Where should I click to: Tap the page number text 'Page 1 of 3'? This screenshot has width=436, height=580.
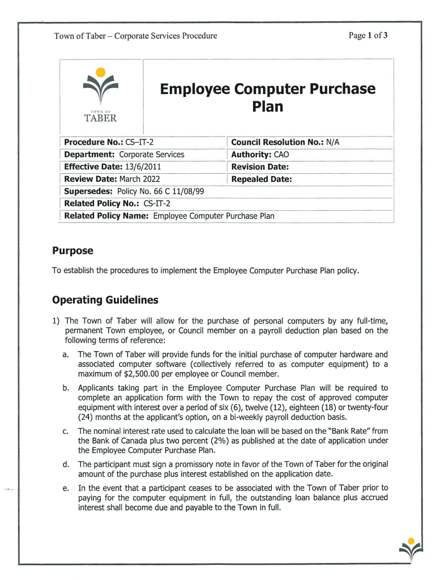[368, 36]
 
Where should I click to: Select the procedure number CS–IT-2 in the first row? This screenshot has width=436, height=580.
[139, 142]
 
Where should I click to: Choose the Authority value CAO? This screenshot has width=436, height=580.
[281, 154]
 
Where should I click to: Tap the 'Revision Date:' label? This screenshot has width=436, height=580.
[259, 167]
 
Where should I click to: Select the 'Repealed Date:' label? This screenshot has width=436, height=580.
[261, 179]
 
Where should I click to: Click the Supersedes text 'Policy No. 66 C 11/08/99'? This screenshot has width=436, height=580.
[162, 191]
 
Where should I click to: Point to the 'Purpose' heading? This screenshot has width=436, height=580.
[72, 251]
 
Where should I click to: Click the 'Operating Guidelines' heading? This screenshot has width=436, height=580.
[105, 300]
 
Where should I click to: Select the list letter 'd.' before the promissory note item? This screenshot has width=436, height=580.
[66, 464]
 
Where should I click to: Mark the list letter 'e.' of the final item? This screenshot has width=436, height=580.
[66, 488]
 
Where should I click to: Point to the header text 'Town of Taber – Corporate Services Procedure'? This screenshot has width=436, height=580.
[135, 36]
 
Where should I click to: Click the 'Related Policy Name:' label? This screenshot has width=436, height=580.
[107, 216]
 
